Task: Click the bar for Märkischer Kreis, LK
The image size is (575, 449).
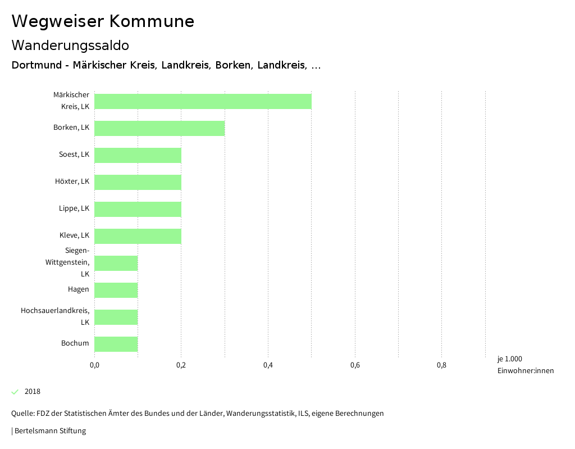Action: pyautogui.click(x=203, y=101)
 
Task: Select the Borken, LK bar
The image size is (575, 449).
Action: pyautogui.click(x=159, y=128)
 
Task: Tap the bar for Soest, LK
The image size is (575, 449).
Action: pyautogui.click(x=138, y=155)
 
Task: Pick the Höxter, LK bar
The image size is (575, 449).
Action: pyautogui.click(x=138, y=182)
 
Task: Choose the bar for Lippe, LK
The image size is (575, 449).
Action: pyautogui.click(x=138, y=209)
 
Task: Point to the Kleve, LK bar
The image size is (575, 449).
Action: pyautogui.click(x=138, y=236)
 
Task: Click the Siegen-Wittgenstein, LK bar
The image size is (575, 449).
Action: pyautogui.click(x=116, y=263)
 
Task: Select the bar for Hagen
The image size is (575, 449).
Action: pyautogui.click(x=116, y=290)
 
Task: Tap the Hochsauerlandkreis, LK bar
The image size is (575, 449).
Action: pyautogui.click(x=116, y=317)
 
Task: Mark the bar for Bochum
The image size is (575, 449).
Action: pyautogui.click(x=116, y=344)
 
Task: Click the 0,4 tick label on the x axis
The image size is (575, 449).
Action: pyautogui.click(x=268, y=366)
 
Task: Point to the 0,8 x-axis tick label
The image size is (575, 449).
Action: pyautogui.click(x=441, y=366)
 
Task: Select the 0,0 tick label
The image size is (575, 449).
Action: pyautogui.click(x=94, y=366)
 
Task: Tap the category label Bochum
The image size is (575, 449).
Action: pyautogui.click(x=75, y=343)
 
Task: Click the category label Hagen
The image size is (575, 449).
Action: pyautogui.click(x=79, y=289)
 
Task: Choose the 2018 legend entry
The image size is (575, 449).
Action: pyautogui.click(x=32, y=392)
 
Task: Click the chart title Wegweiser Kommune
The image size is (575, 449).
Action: pyautogui.click(x=103, y=21)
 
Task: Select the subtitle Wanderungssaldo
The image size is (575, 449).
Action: pyautogui.click(x=70, y=45)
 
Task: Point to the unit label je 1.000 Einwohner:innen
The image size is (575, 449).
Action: pyautogui.click(x=525, y=365)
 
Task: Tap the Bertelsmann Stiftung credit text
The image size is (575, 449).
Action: pyautogui.click(x=49, y=431)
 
